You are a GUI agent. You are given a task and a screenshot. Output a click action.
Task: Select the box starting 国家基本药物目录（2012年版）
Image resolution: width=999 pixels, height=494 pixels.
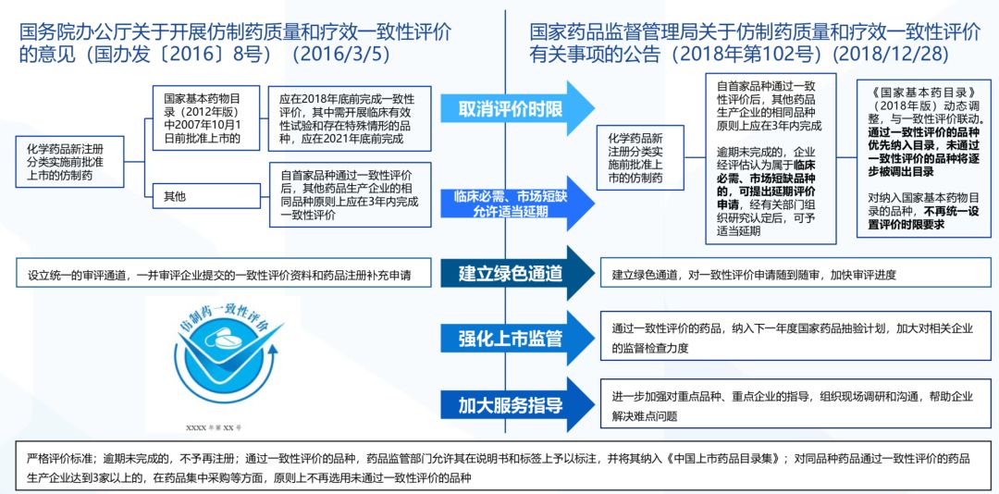click(x=202, y=117)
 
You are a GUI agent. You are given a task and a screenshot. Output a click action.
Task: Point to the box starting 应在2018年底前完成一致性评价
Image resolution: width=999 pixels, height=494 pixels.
click(x=348, y=117)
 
